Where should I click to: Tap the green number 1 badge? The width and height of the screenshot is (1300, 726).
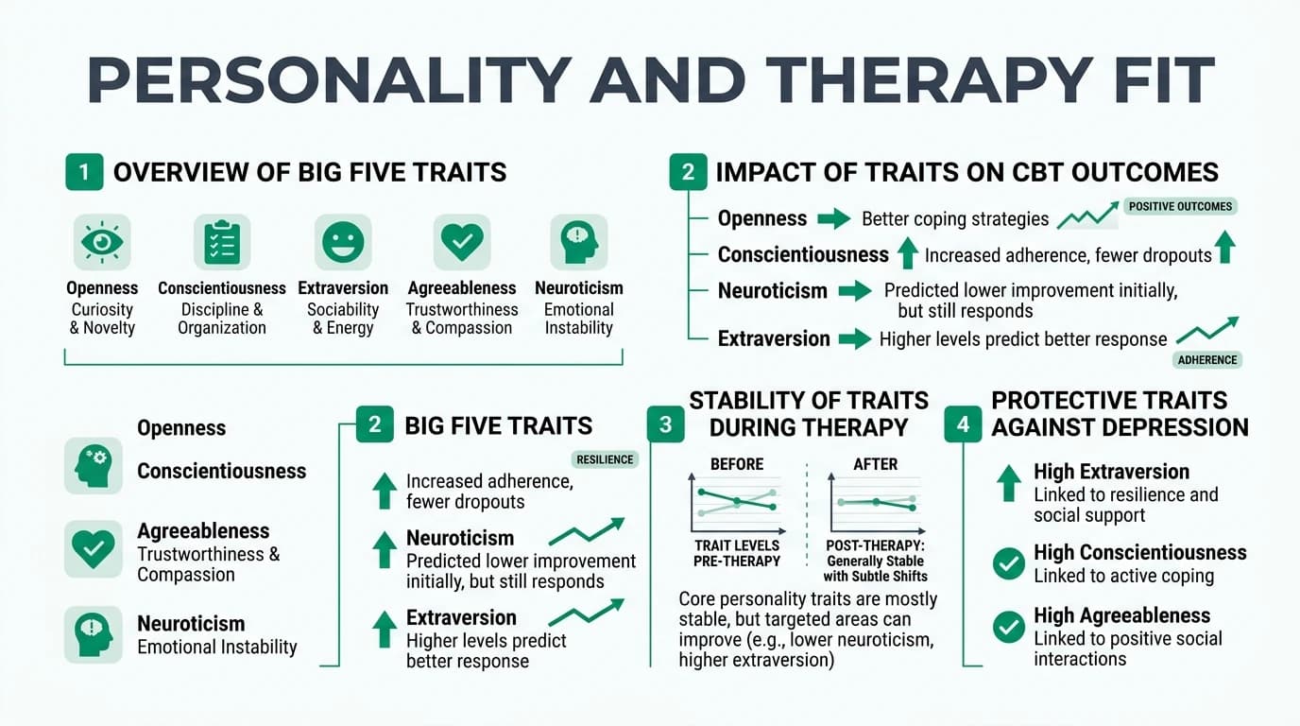point(84,173)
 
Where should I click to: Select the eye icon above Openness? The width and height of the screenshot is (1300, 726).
point(102,242)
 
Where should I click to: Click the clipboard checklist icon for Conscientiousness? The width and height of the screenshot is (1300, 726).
point(222,242)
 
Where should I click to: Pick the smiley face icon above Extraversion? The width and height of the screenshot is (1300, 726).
point(343,242)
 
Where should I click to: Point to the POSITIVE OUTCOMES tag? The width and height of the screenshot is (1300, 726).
point(1181,206)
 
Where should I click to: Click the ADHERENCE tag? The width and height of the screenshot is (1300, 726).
point(1207,359)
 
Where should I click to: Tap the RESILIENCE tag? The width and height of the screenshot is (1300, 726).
point(605,459)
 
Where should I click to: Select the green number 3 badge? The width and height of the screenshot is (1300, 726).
point(666,424)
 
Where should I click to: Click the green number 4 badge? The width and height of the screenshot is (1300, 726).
point(963,424)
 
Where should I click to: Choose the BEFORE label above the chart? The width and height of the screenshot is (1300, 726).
point(737,465)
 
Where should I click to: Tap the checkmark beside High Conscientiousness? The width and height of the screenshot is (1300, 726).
point(1009,564)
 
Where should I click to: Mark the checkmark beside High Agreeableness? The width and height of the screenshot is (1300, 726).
point(1009,627)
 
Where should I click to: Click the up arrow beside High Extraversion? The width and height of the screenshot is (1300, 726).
point(1009,482)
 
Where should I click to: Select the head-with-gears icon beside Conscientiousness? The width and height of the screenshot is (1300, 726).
point(93,465)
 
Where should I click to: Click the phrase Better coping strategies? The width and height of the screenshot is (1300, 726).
point(954,219)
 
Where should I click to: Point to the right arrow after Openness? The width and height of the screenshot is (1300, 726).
point(833,219)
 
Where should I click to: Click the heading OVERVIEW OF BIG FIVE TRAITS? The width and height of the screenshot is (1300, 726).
point(310,173)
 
